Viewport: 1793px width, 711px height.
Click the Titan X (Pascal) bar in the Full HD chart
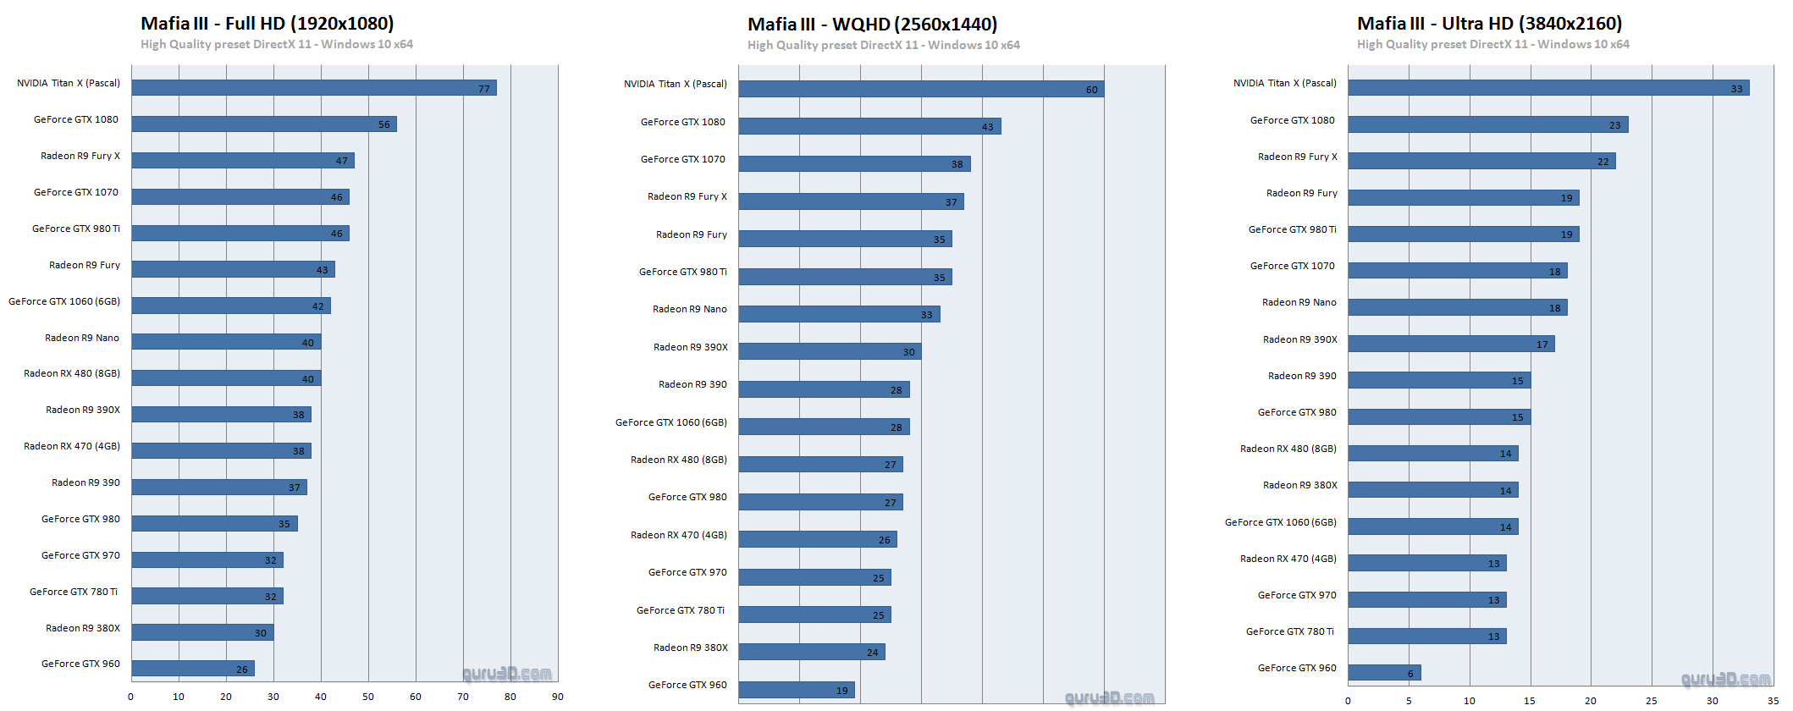tap(313, 88)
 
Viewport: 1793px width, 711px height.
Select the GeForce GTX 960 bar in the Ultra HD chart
tap(1383, 673)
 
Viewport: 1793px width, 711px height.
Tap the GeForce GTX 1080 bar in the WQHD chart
tap(869, 126)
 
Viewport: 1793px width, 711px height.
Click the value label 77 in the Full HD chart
tap(484, 89)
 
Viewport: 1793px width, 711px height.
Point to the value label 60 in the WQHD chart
tap(1091, 90)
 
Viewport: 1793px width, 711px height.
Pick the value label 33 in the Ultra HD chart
tap(1736, 89)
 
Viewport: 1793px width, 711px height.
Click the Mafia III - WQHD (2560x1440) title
tap(872, 25)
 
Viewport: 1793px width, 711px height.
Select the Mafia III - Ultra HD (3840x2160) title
tap(1489, 24)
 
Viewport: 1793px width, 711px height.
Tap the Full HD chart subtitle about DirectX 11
tap(276, 44)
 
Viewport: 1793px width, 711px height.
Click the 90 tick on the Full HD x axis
tap(557, 697)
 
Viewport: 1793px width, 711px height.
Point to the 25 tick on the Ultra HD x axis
tap(1651, 701)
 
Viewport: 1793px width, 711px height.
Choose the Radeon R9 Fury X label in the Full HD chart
tap(80, 156)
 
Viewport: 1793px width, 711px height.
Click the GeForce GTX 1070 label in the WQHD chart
tap(682, 159)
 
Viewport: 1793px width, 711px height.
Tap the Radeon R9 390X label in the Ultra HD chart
tap(1299, 339)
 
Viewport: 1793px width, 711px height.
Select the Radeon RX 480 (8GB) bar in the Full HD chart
tap(225, 378)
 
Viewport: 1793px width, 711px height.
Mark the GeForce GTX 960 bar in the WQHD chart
tap(796, 690)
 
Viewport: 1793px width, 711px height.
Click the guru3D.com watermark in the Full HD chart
tap(507, 674)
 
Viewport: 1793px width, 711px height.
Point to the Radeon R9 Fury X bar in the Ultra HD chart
tap(1481, 161)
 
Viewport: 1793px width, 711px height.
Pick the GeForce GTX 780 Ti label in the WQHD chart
tap(681, 610)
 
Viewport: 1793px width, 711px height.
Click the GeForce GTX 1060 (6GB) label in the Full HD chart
tap(64, 301)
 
